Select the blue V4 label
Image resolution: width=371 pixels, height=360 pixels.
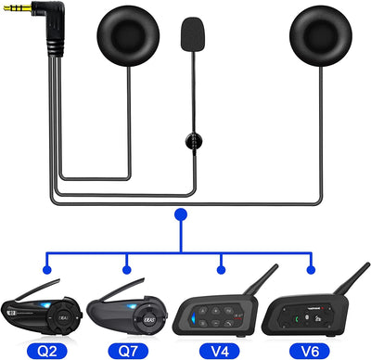point(220,351)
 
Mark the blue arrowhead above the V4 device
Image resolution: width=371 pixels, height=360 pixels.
point(220,270)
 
